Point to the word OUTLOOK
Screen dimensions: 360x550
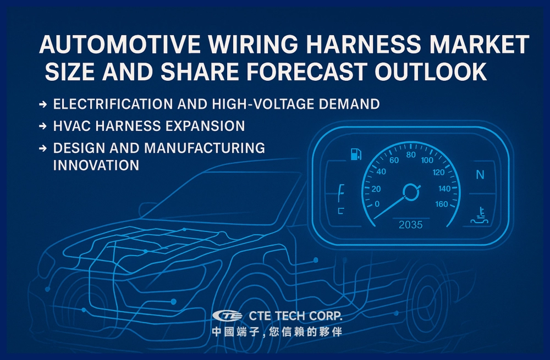434,73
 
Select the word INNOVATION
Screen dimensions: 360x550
96,165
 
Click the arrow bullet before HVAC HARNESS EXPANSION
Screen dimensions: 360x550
43,126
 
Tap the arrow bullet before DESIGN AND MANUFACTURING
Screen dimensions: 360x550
43,148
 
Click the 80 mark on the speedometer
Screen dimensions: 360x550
411,154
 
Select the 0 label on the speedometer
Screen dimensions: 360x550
377,204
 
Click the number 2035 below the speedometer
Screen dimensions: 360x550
411,225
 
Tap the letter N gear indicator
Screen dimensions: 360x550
480,175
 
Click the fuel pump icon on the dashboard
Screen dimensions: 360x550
355,154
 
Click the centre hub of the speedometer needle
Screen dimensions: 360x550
410,191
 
